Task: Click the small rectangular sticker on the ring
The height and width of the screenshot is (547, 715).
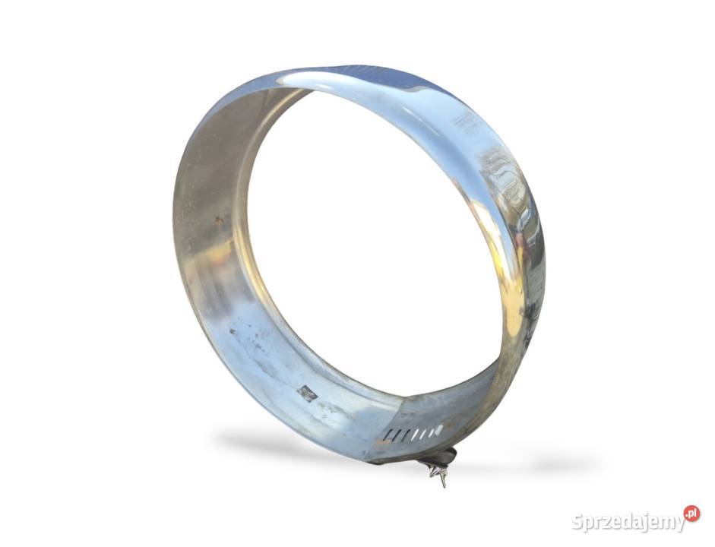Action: pos(307,394)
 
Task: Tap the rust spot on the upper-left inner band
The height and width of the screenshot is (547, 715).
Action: pos(220,220)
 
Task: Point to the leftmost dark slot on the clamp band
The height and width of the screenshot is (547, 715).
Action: pos(388,436)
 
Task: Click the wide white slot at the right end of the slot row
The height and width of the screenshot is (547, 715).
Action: pos(438,429)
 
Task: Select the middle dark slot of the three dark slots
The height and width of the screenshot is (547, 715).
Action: pos(397,435)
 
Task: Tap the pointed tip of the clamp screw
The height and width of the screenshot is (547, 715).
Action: pos(444,485)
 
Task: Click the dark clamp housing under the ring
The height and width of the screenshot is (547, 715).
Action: pos(445,456)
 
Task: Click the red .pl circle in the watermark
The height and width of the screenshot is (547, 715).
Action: pos(691,514)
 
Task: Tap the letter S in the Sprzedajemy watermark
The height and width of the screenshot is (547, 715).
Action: pos(577,522)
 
